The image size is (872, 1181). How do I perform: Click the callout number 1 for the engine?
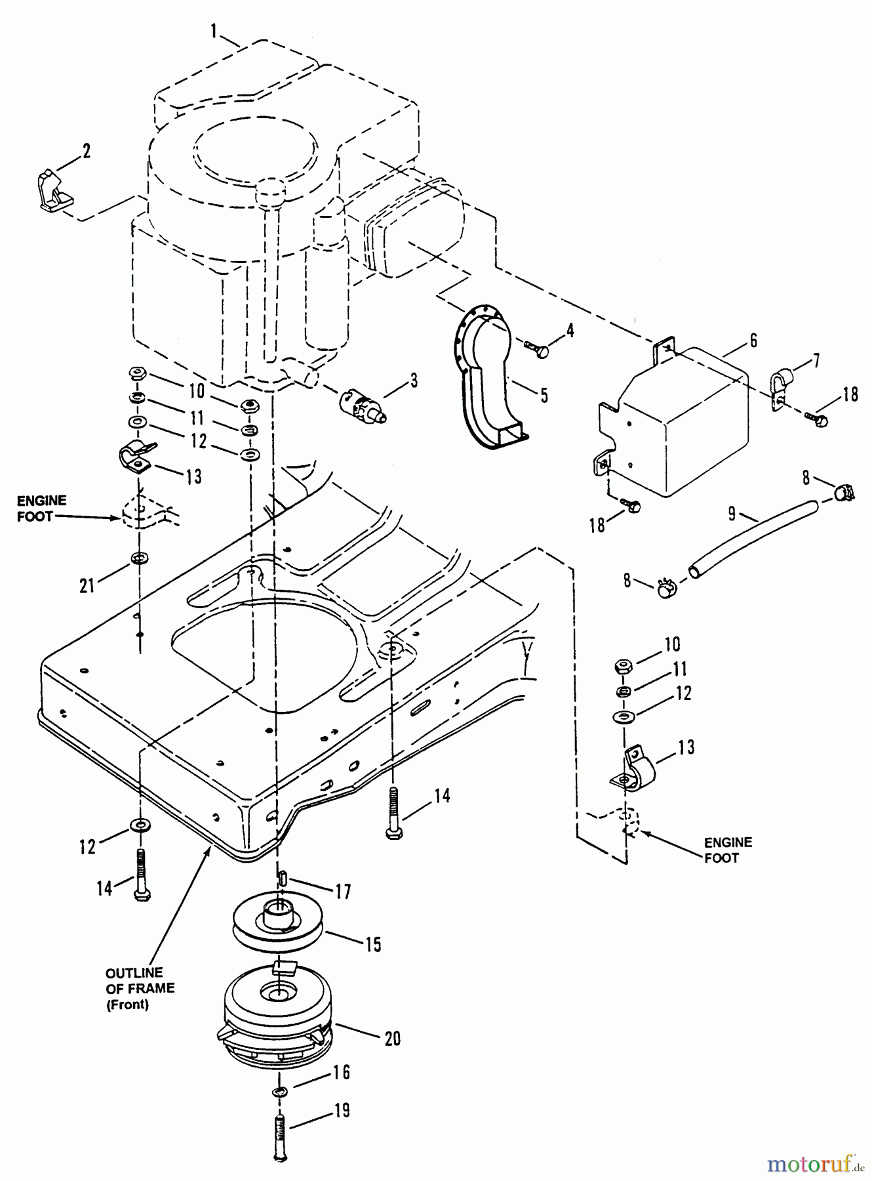coord(214,30)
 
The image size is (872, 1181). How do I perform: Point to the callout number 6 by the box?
coord(753,341)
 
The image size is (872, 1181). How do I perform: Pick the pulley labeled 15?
coord(278,923)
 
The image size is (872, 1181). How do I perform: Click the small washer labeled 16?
coord(279,1091)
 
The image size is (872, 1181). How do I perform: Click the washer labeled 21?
coord(139,558)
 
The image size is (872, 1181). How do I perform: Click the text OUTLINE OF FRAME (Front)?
coord(140,989)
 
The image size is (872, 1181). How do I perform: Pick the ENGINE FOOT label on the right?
coord(728,850)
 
